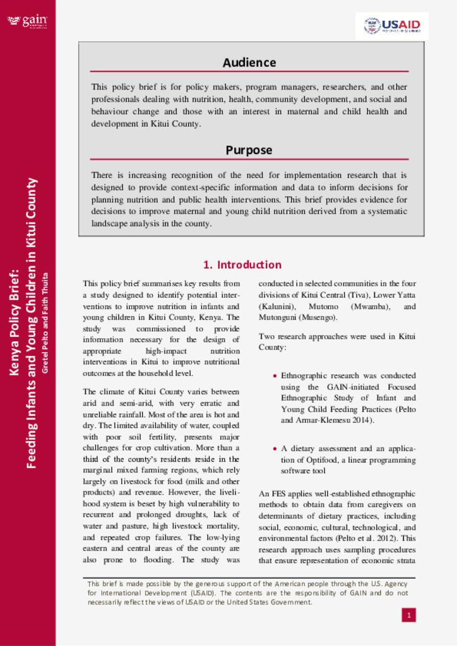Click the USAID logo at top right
392,26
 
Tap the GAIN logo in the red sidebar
27,21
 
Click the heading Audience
249,62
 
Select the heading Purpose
249,150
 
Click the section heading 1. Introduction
242,264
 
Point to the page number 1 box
409,614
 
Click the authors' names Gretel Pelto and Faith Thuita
45,322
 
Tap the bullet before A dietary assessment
275,449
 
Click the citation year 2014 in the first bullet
361,420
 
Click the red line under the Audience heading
249,72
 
